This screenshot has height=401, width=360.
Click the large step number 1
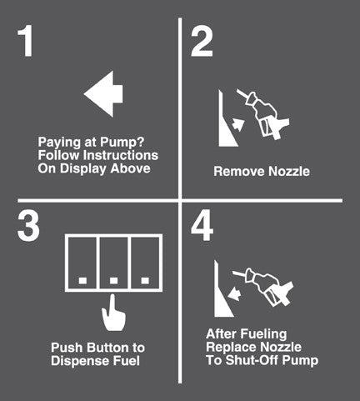tap(25, 42)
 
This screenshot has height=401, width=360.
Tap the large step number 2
tap(202, 43)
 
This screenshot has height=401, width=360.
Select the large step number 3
tap(28, 225)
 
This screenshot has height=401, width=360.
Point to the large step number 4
tap(202, 225)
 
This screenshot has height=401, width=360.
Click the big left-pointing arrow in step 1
tap(103, 94)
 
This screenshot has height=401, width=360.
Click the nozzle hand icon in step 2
tap(264, 115)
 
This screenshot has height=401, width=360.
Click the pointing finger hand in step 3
tap(113, 313)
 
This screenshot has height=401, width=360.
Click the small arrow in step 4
tap(234, 294)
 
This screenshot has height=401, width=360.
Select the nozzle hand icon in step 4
tap(263, 286)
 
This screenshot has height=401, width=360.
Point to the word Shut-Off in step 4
tap(252, 360)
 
